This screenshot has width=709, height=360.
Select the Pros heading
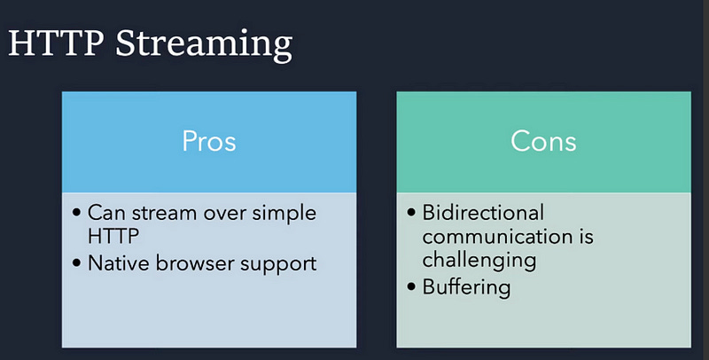tap(209, 141)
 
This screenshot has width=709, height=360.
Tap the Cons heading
tap(543, 141)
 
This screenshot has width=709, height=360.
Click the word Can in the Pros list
tap(105, 214)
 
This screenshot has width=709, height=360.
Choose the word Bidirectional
tap(483, 214)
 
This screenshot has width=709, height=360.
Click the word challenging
tap(479, 262)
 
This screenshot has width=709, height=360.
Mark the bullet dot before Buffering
tap(411, 286)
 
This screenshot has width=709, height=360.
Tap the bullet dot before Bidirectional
tap(411, 214)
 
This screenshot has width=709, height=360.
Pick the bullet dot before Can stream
tap(76, 214)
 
